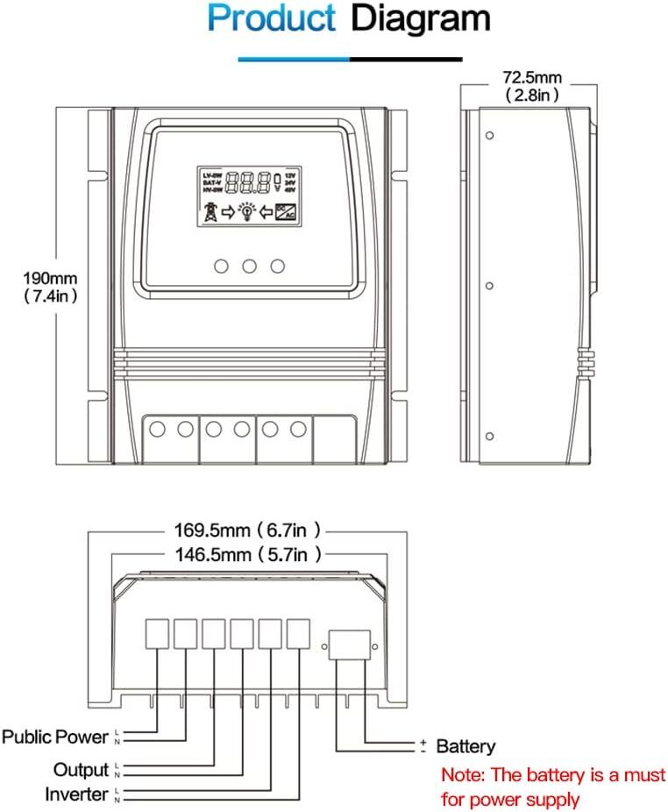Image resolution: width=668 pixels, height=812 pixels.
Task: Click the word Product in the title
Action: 271,20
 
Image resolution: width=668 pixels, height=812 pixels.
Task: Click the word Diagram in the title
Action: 420,20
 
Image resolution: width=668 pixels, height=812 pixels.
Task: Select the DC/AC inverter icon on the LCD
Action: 286,211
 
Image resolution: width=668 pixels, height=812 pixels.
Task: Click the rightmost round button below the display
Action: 279,265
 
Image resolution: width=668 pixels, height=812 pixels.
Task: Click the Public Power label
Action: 55,737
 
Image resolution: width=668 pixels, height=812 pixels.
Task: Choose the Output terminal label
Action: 82,770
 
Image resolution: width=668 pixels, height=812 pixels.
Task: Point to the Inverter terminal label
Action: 77,794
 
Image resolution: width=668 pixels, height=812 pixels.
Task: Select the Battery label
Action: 465,747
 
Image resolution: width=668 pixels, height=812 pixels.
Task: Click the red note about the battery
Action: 553,787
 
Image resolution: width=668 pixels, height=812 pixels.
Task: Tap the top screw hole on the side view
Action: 488,137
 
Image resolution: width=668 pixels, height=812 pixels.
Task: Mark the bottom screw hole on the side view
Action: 488,436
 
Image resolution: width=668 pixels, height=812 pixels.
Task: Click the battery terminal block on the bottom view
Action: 352,645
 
